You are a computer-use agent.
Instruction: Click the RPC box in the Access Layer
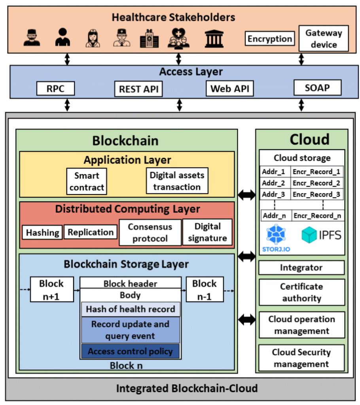point(55,88)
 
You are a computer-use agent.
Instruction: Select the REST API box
point(138,89)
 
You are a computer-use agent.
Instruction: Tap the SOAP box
point(317,87)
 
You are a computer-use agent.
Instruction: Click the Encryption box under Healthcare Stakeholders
point(270,39)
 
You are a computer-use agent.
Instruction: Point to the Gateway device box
point(324,39)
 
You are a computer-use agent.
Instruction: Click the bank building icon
point(214,39)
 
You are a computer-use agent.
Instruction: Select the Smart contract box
point(87,181)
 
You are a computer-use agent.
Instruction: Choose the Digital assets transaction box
point(177,181)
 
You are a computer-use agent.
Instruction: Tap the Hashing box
point(42,233)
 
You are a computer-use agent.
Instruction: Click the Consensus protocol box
point(150,233)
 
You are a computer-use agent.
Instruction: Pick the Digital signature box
point(207,232)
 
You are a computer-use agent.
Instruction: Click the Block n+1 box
point(51,290)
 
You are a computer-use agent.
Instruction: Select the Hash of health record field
point(131,309)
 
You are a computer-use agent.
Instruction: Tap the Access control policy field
point(130,351)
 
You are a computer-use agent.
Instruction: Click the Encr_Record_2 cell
point(317,183)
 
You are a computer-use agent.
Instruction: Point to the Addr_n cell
point(276,216)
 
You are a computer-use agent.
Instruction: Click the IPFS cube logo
point(310,235)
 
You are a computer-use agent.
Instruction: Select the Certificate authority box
point(301,292)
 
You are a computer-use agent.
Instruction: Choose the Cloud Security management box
point(301,358)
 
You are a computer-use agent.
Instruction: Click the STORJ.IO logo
point(276,238)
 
